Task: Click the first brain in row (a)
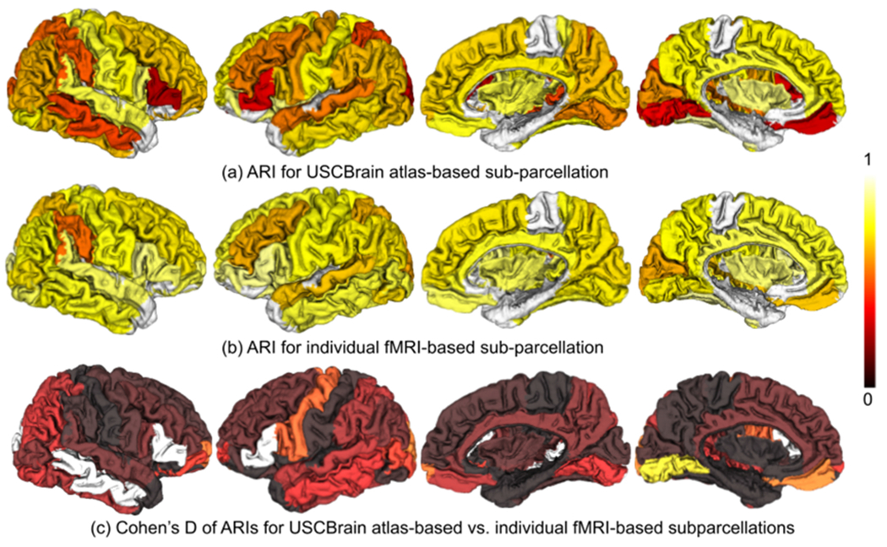coord(97,80)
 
